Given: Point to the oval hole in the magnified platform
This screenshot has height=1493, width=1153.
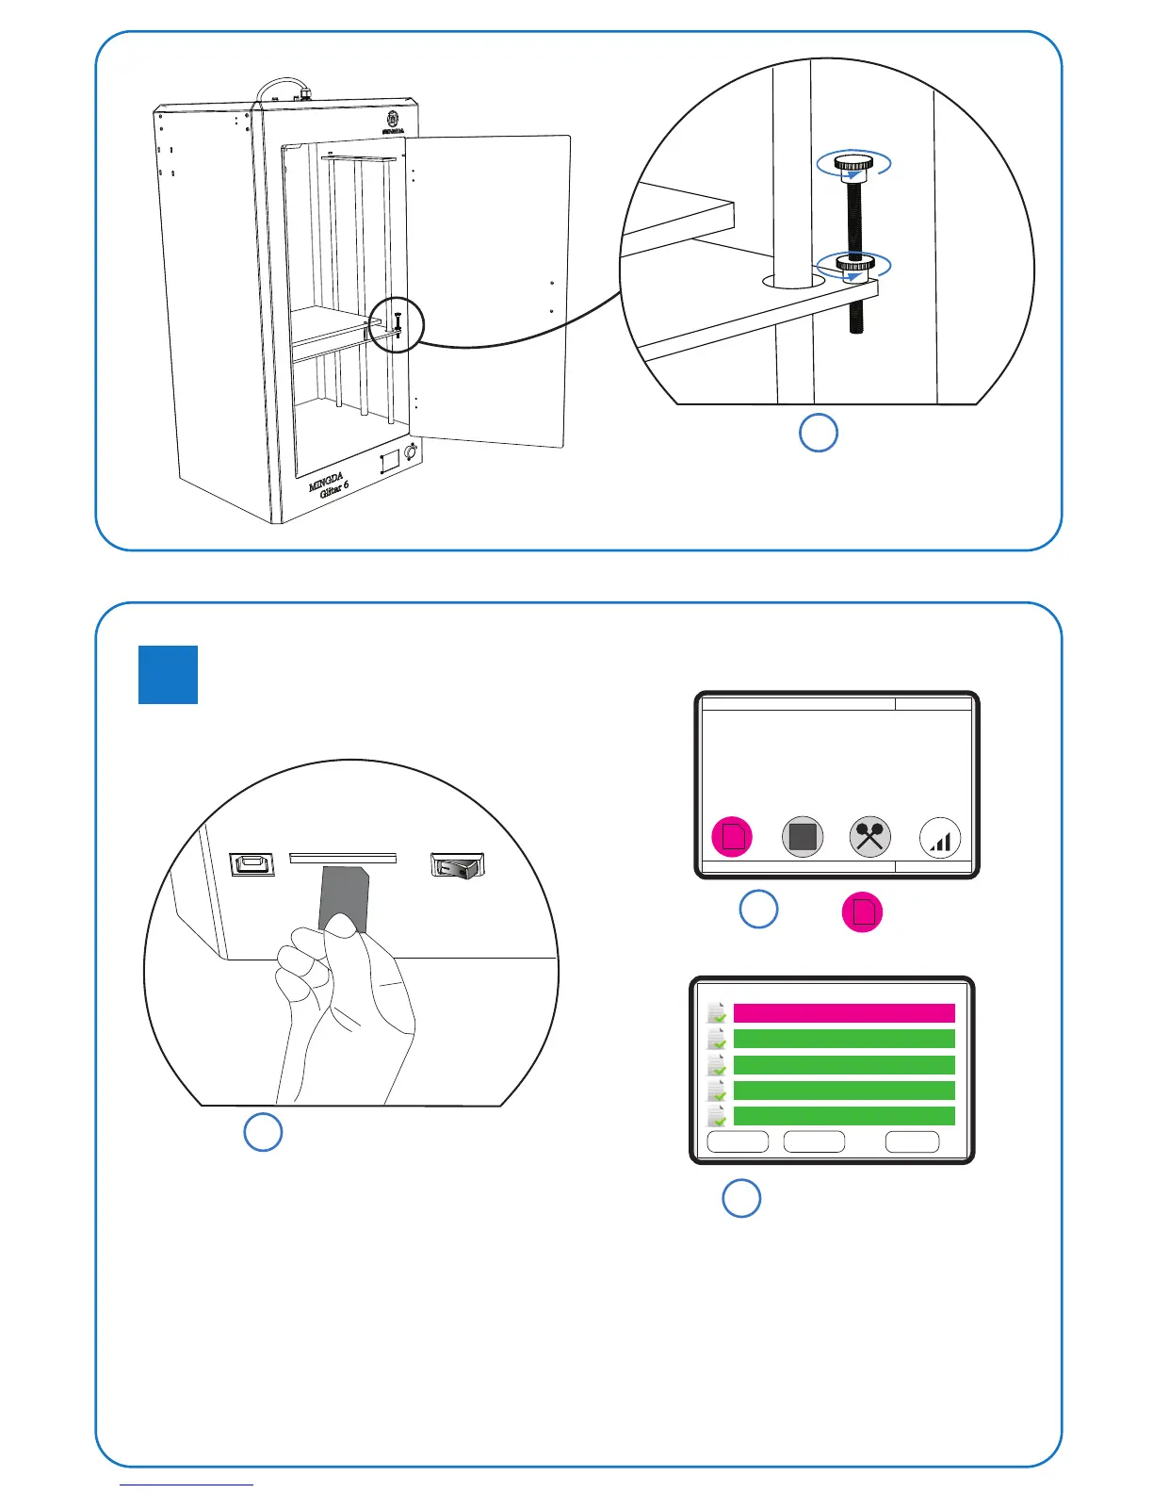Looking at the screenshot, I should click(792, 281).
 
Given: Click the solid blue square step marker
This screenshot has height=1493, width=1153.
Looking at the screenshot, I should click(168, 675).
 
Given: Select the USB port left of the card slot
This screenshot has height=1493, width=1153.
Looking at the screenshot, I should click(252, 864).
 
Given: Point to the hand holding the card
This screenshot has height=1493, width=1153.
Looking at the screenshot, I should click(346, 1009).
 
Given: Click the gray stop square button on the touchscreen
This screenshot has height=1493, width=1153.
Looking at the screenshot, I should click(803, 837).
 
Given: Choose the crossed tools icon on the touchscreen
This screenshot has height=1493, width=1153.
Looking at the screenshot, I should click(870, 837).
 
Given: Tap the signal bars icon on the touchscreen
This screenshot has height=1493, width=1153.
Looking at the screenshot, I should click(939, 837).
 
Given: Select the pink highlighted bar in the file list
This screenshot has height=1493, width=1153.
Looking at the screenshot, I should click(843, 1013).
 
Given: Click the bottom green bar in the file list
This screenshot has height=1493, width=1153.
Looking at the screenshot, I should click(843, 1116).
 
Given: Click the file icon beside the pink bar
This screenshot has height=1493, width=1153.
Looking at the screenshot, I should click(717, 1013).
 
